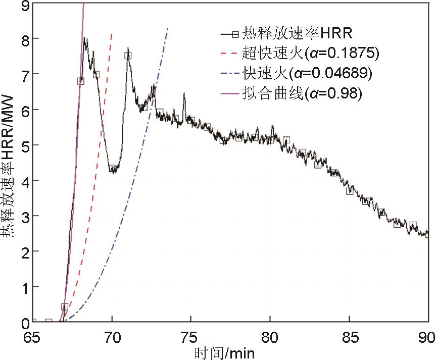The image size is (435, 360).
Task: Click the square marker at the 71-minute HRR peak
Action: tap(128, 56)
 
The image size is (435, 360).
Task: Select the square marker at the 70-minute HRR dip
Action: tap(113, 168)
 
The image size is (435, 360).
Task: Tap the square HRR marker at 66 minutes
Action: tap(49, 321)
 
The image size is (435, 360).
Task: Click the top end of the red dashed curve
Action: tap(112, 34)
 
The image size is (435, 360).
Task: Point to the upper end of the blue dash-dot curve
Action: tap(168, 28)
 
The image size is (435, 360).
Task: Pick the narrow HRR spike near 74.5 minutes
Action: tap(184, 94)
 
